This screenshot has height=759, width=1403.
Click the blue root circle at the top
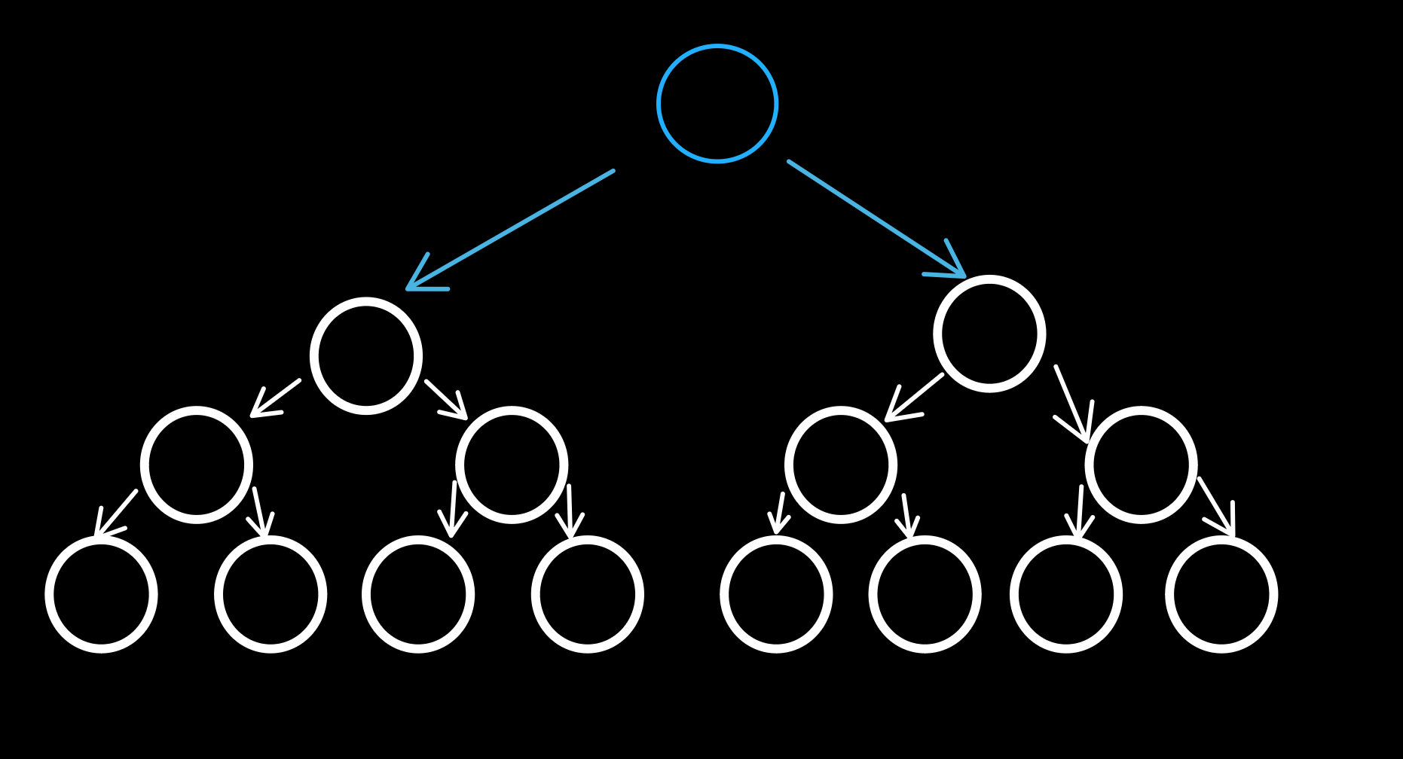tap(717, 104)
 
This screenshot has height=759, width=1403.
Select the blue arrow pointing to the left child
tap(511, 230)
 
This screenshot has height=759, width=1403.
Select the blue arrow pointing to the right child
tap(876, 218)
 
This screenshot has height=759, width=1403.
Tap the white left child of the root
tap(366, 356)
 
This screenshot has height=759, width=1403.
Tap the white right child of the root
tap(989, 334)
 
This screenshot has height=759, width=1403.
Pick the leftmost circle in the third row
tap(197, 465)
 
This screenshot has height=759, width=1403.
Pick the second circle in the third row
tap(512, 465)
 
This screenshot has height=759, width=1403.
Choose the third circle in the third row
tap(841, 465)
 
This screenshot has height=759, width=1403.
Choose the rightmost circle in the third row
tap(1141, 465)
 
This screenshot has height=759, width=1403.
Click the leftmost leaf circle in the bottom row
tap(102, 594)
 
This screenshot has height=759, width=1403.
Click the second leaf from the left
tap(271, 594)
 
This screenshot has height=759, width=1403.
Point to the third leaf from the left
tap(418, 594)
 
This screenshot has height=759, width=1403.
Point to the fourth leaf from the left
tap(588, 594)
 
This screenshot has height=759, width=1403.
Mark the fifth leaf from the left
tap(776, 594)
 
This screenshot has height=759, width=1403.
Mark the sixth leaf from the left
tap(925, 594)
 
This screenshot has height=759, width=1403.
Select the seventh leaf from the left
tap(1066, 594)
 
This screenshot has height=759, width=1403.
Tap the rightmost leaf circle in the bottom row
tap(1221, 594)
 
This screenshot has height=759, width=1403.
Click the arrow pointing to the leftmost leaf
tap(116, 514)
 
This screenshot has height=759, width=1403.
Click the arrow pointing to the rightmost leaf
tap(1216, 506)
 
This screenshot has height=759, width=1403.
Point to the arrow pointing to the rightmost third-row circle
tap(1072, 404)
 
